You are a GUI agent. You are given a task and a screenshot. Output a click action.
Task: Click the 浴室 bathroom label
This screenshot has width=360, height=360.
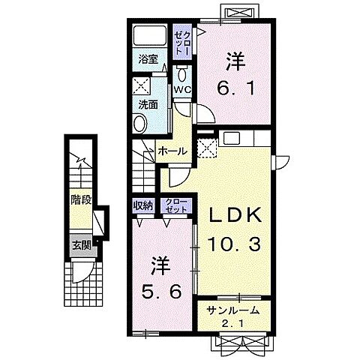(x=148, y=59)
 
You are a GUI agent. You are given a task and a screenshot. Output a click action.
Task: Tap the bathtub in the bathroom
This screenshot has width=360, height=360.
(x=149, y=35)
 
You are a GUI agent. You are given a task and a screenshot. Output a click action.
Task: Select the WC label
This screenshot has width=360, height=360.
(x=182, y=90)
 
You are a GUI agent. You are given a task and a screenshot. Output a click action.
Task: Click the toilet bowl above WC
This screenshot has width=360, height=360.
(x=181, y=74)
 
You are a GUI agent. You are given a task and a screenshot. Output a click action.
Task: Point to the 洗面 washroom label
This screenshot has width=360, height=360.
(x=148, y=105)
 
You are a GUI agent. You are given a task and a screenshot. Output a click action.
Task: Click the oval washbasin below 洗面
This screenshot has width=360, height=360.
(x=140, y=124)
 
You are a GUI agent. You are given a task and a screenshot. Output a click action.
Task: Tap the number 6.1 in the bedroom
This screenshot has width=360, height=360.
(x=235, y=88)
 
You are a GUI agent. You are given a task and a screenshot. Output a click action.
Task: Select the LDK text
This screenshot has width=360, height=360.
(x=235, y=215)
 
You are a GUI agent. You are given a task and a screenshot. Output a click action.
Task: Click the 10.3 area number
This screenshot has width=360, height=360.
(x=234, y=244)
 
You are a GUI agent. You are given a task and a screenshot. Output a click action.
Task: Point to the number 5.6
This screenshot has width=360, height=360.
(x=161, y=292)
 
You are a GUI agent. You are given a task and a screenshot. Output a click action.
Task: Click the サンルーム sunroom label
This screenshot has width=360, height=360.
(x=232, y=310)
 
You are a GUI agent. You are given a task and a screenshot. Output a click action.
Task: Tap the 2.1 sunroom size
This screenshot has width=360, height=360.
(x=232, y=324)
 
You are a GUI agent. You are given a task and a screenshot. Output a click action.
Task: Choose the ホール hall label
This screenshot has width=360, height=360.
(x=172, y=151)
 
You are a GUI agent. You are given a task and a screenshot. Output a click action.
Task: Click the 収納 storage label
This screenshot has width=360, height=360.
(x=142, y=205)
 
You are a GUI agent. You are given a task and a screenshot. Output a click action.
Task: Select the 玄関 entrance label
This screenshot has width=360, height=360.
(x=81, y=246)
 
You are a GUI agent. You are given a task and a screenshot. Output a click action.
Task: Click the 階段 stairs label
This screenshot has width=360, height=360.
(x=81, y=199)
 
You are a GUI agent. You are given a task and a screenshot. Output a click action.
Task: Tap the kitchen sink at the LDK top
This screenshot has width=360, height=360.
(x=232, y=138)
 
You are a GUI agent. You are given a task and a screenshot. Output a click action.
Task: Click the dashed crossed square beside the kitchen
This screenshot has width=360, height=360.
(x=207, y=148)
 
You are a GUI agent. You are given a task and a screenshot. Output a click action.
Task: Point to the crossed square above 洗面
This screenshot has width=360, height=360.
(x=141, y=85)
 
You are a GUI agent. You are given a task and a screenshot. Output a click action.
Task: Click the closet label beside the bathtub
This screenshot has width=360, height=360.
(x=183, y=43)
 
